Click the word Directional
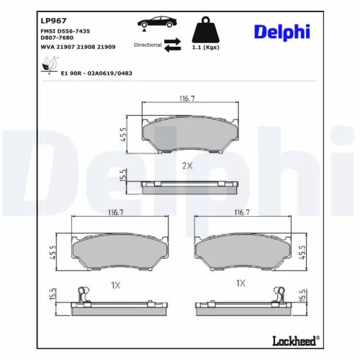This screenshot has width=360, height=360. (147, 45)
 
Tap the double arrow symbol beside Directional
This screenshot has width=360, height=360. (173, 45)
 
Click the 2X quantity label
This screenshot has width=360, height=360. (187, 166)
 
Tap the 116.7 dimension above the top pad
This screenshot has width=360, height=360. (188, 99)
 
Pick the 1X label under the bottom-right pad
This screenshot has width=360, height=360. (242, 284)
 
